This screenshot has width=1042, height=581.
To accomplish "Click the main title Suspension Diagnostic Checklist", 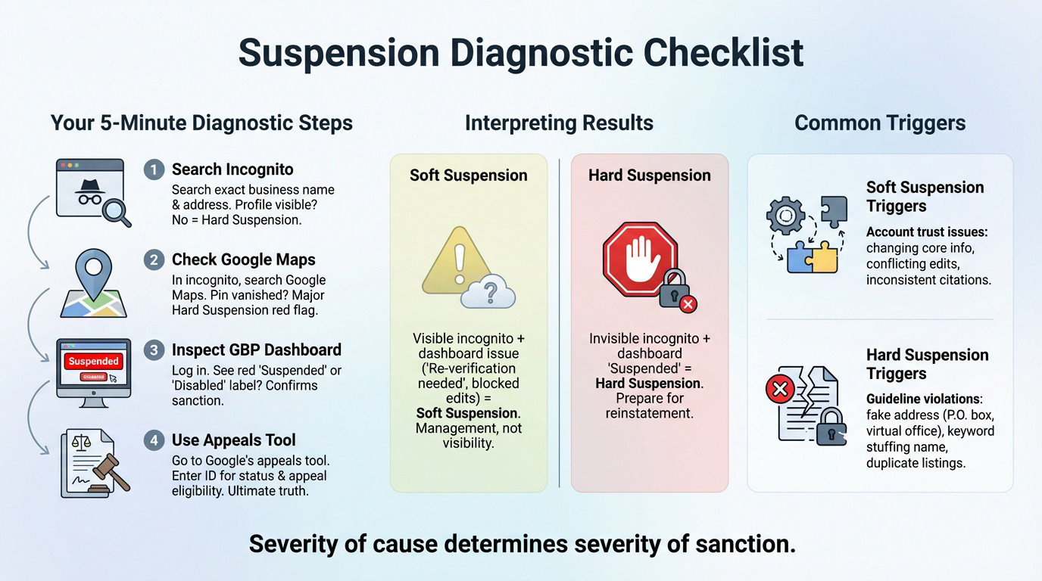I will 520,53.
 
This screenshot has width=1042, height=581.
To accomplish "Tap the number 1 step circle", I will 154,169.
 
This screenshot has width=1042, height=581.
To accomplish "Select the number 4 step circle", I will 154,440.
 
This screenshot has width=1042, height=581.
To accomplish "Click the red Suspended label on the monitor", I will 93,361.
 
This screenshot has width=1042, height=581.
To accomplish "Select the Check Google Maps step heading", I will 243,260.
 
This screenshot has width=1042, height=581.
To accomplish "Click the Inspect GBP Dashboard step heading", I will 256,350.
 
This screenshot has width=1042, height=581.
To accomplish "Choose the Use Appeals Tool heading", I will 233,440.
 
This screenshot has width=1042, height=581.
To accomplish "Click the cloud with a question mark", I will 488,291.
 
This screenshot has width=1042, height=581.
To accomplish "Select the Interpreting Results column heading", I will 559,123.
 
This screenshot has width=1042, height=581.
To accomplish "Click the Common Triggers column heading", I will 880,123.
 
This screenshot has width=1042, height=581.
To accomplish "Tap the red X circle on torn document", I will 781,390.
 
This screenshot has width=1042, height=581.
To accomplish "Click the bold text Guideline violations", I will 923,399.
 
